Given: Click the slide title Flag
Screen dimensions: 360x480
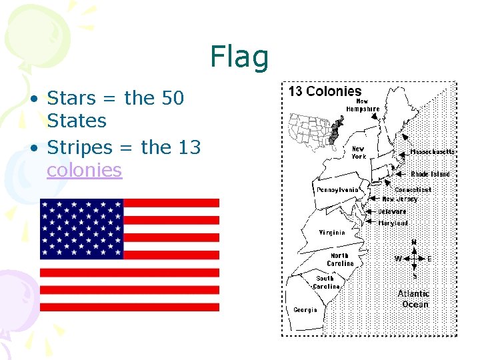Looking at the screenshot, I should point(239,57).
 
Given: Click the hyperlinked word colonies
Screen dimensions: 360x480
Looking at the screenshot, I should point(84,170).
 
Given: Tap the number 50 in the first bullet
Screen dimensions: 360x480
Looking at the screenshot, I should point(173,98).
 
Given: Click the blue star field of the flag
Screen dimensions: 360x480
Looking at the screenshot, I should point(82,229).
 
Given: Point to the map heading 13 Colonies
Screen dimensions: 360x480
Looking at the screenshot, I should point(325,91).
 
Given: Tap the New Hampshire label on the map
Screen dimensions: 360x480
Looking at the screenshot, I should point(363,105).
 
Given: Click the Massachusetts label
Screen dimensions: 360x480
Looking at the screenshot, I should point(432,152).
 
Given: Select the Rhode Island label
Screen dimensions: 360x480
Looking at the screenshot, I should point(430,174).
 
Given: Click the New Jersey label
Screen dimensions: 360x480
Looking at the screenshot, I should point(400,199).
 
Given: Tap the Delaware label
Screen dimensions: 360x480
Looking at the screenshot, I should point(392,211).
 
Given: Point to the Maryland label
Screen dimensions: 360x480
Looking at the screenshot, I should point(393,223).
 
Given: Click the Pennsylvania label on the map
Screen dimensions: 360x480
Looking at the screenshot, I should point(337,190).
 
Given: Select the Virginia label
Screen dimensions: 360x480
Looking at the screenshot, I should point(332,233).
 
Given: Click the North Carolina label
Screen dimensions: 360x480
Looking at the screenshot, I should point(341,259).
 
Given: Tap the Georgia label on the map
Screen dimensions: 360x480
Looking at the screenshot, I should point(305,309).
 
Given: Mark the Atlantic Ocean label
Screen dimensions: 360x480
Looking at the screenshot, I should point(414,299).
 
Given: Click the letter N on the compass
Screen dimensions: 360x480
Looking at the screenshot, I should point(414,242).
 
